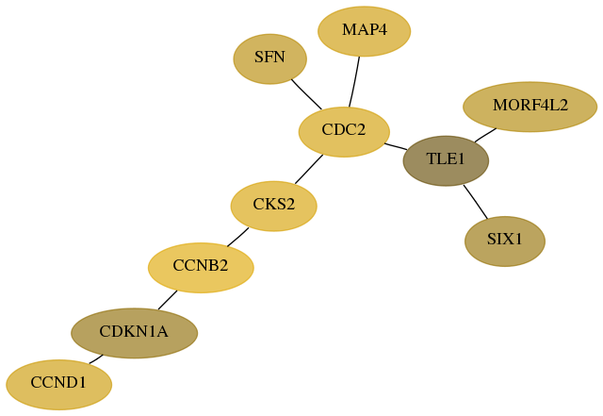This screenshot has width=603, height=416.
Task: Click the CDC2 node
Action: (x=344, y=132)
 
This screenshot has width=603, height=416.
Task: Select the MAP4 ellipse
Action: (x=365, y=31)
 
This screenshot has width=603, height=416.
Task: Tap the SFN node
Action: (x=270, y=58)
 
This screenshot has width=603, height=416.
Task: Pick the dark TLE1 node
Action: (x=446, y=161)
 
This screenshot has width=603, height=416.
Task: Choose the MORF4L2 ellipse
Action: (x=530, y=107)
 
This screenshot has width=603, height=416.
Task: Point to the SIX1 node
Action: (x=505, y=241)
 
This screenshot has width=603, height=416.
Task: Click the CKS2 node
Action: (x=274, y=206)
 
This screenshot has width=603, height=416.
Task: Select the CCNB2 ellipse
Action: (x=201, y=268)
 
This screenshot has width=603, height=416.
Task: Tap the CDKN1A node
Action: (x=134, y=333)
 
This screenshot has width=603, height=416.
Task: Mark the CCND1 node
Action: (x=58, y=385)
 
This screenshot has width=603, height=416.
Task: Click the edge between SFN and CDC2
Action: (x=306, y=94)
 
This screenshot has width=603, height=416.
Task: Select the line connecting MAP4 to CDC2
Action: (x=354, y=82)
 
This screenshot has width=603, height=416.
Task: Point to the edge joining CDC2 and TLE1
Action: (x=396, y=146)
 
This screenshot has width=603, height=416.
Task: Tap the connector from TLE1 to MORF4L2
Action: (x=485, y=135)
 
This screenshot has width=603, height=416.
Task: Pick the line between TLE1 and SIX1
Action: (x=476, y=202)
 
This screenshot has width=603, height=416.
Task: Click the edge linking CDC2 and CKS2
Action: (x=309, y=169)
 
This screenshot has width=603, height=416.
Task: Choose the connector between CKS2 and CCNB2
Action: (x=237, y=237)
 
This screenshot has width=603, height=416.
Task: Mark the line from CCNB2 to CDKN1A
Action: (x=168, y=300)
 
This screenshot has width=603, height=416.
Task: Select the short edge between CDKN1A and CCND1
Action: (x=96, y=359)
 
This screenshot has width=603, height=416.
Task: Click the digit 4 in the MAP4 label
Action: (x=383, y=29)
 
